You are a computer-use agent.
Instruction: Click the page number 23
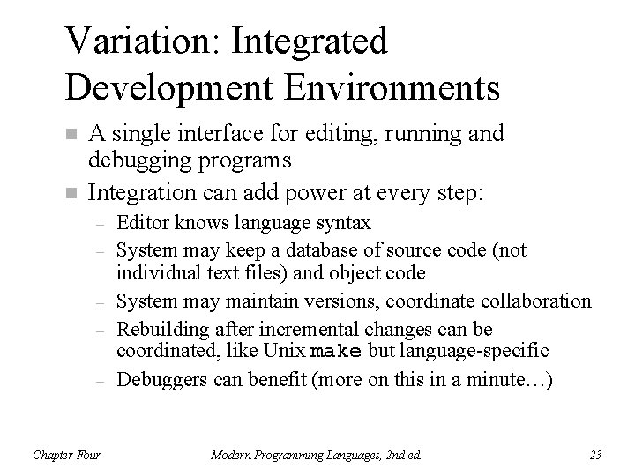tap(595, 455)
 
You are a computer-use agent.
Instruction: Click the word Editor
tap(140, 224)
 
